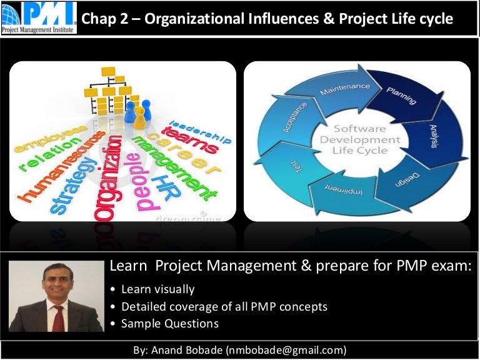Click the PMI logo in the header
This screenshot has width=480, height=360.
tap(39, 17)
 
